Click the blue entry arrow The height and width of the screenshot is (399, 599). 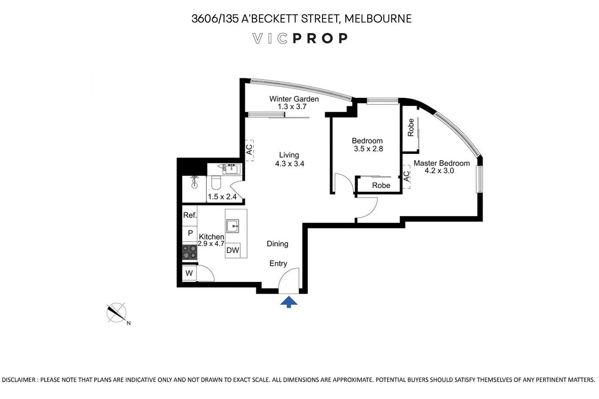pos(289,302)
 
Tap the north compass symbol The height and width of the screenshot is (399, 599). pos(117,313)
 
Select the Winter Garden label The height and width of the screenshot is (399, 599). pos(294,99)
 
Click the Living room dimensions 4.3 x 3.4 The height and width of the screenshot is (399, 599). pos(290,164)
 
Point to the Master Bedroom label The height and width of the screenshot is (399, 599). pos(442,163)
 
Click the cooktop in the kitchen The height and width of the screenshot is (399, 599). pos(190,252)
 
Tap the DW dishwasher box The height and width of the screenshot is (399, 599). pos(233,251)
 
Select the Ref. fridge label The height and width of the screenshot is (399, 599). pos(190,215)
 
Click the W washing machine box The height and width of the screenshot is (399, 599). pos(189,273)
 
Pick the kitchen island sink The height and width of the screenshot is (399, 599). pos(233,226)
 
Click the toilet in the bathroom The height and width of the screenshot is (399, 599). pos(216,182)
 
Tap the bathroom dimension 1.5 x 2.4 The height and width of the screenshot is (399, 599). pos(222,197)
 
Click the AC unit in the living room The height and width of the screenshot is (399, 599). pos(249,150)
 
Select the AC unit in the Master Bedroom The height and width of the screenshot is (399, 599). pos(406,177)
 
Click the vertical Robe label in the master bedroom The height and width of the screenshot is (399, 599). pos(411,127)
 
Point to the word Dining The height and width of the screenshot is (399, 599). pos(278,244)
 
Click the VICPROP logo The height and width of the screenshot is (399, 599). pos(300,38)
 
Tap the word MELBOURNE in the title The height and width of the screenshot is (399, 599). pos(378,19)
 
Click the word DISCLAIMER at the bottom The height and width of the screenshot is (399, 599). pos(19,380)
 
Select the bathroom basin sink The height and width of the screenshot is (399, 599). pos(230,169)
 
